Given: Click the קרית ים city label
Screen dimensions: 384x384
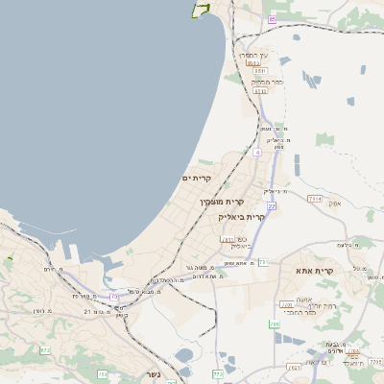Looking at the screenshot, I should click(x=196, y=179).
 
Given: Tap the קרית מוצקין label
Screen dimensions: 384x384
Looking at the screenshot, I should click(x=222, y=202).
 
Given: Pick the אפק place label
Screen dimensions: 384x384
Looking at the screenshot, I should click(x=333, y=204).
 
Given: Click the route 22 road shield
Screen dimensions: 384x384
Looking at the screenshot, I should click(x=272, y=205).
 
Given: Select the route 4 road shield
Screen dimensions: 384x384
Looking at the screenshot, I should click(x=257, y=153).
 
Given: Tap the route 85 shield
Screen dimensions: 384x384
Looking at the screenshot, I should click(x=273, y=19).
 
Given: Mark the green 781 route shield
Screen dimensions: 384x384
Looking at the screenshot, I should click(x=228, y=239).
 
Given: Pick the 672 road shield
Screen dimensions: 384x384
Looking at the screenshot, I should click(x=44, y=351).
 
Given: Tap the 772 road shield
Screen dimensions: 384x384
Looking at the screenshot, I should click(x=218, y=372).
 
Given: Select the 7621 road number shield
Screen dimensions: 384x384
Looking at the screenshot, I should click(x=293, y=366).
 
